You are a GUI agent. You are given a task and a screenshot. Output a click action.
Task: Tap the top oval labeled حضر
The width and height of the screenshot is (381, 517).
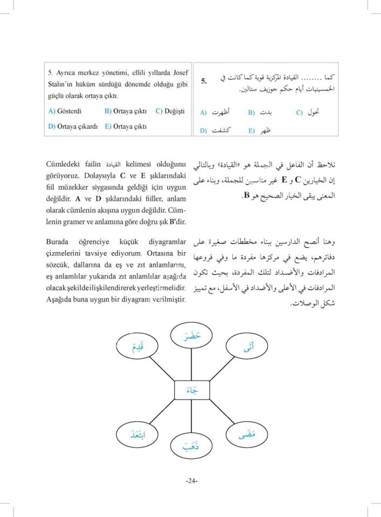pyautogui.click(x=192, y=337)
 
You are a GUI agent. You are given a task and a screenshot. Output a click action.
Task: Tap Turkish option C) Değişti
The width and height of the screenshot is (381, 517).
pyautogui.click(x=170, y=111)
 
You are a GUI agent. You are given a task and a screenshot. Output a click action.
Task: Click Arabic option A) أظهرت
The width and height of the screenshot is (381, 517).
pyautogui.click(x=215, y=113)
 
